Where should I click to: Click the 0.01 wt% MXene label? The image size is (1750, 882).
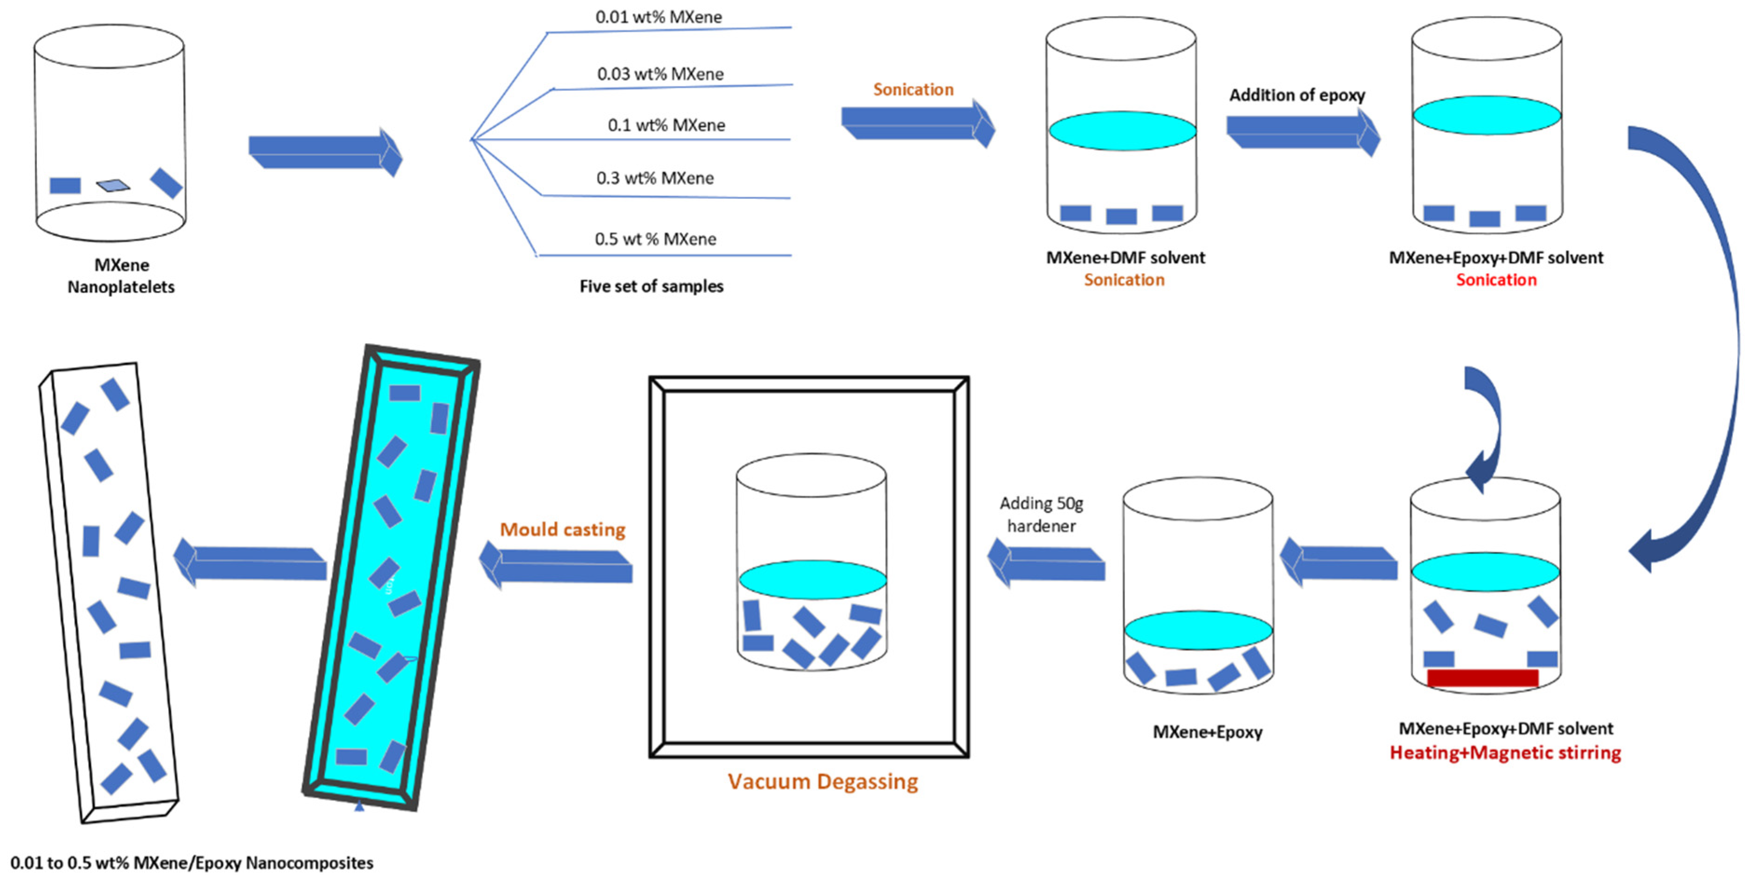tap(658, 17)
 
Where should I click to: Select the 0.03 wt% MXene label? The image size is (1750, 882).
tap(659, 74)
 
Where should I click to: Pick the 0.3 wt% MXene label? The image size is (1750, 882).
tap(655, 178)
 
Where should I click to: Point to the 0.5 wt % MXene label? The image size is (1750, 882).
tap(655, 239)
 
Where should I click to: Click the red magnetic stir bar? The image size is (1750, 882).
tap(1482, 678)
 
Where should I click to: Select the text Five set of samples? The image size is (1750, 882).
tap(651, 286)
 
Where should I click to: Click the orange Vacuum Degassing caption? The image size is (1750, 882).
tap(822, 781)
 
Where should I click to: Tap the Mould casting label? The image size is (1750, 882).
tap(563, 529)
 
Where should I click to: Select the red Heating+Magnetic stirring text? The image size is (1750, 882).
tap(1505, 753)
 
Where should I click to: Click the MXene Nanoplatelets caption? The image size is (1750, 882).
tap(121, 276)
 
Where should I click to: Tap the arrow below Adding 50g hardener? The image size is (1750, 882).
tap(1046, 563)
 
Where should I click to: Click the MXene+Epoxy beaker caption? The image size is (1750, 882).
tap(1207, 732)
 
